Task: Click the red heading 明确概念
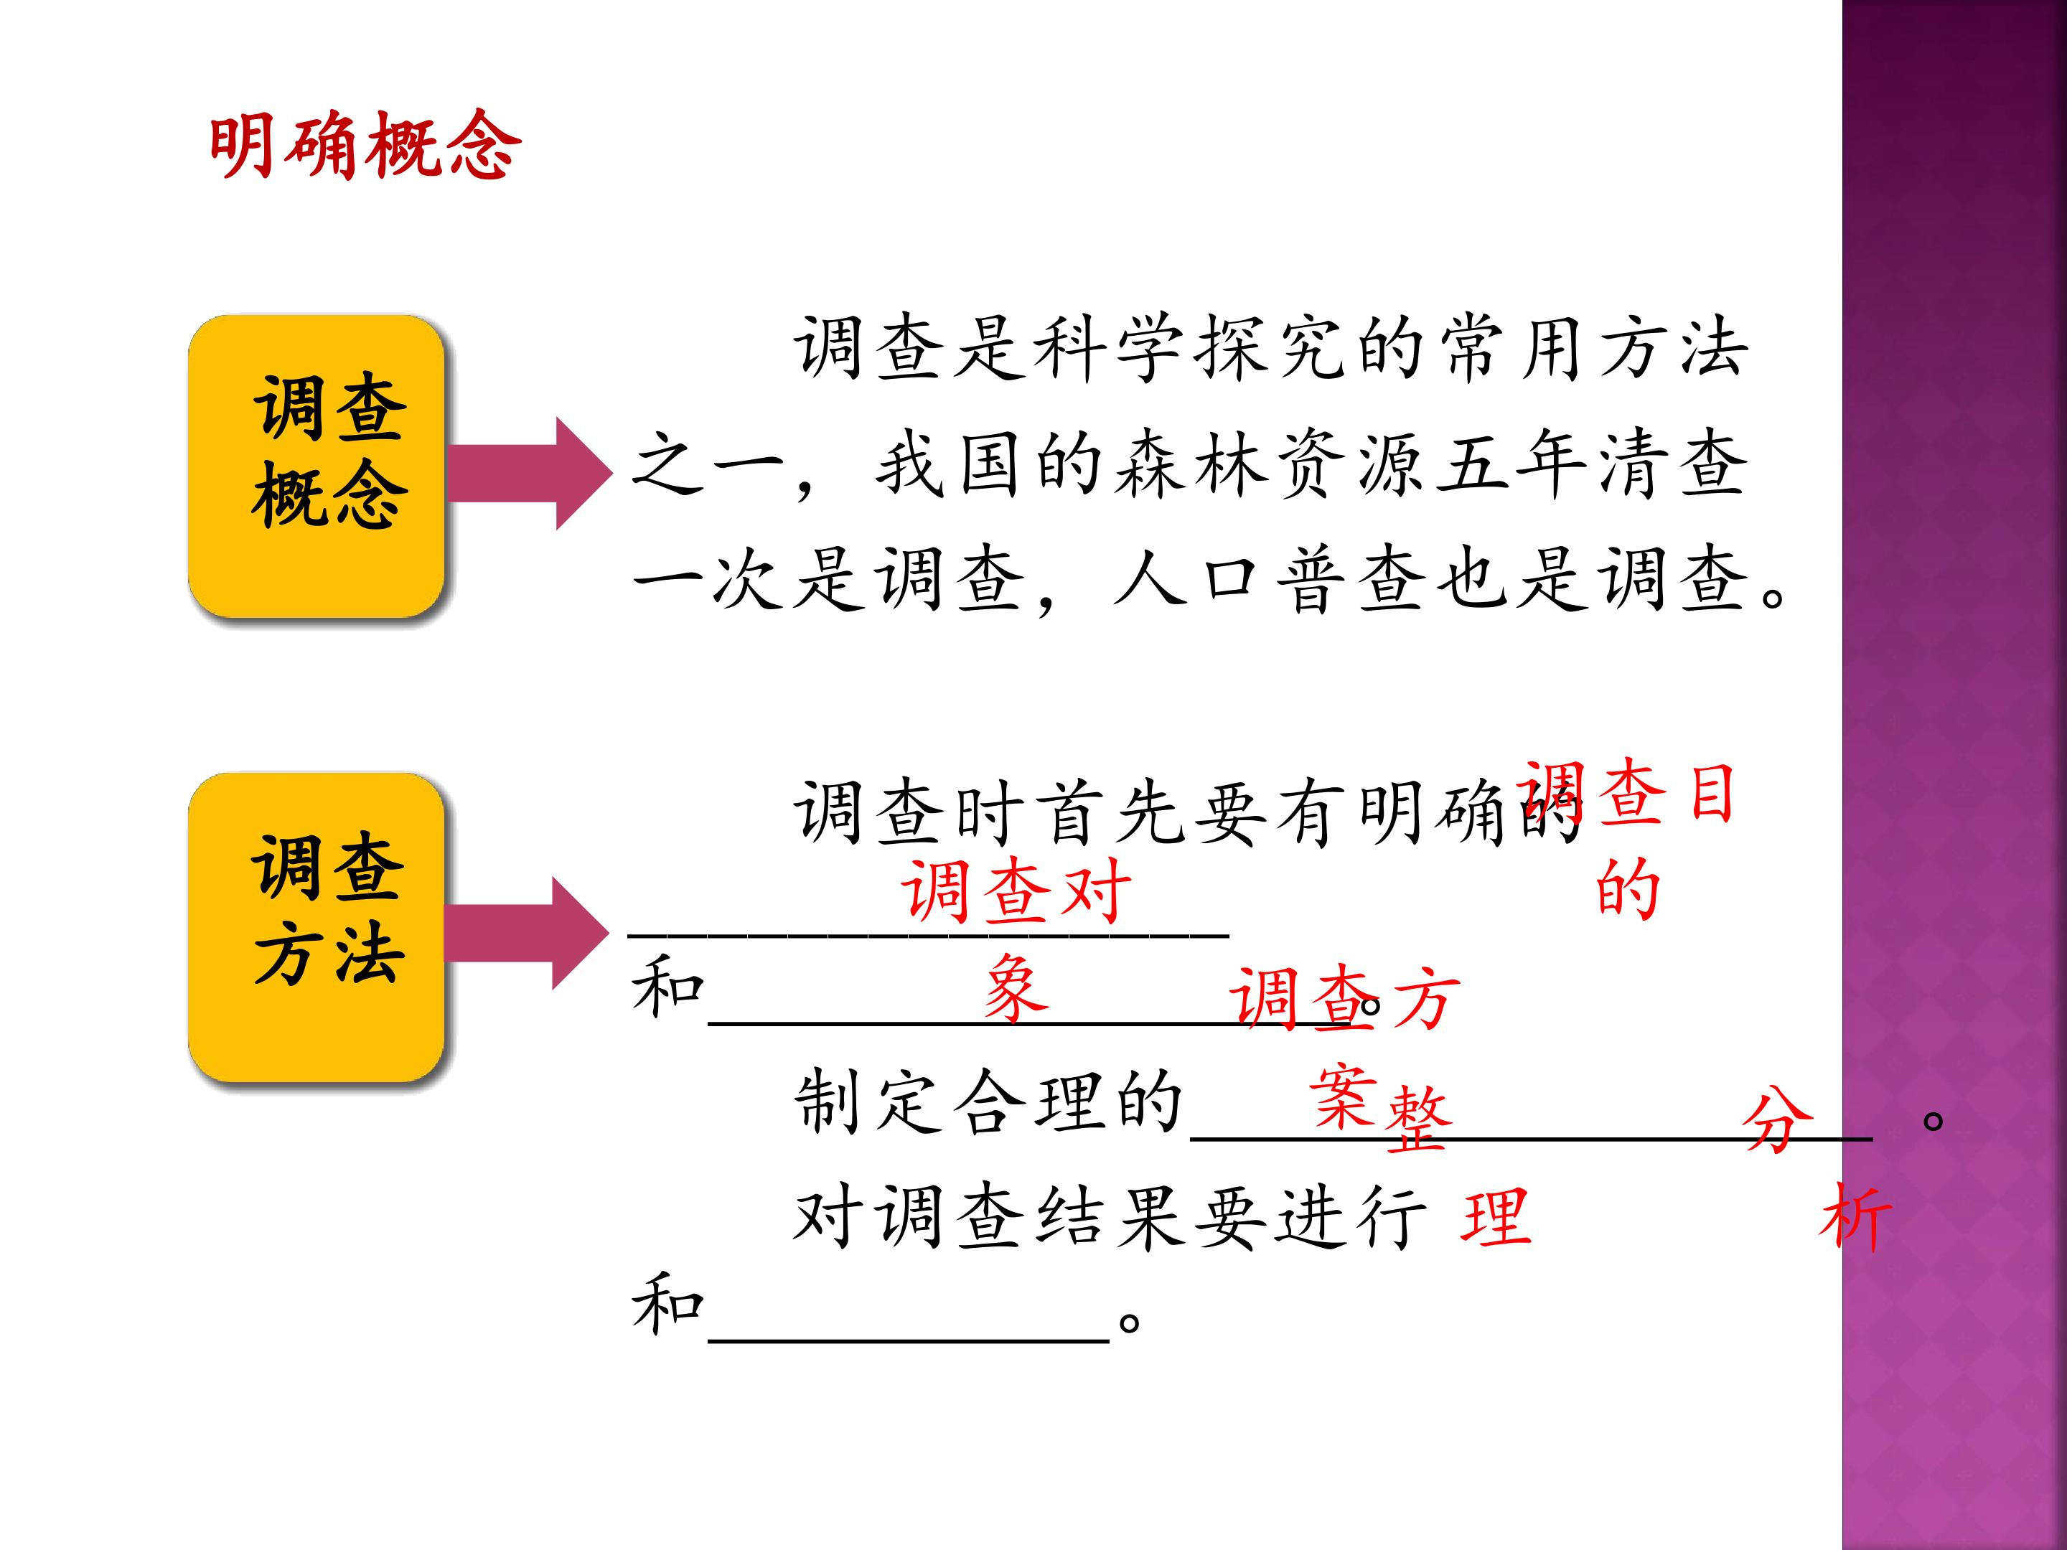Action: pos(365,145)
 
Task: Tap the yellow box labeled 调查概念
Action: pos(316,466)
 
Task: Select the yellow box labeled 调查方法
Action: pos(316,927)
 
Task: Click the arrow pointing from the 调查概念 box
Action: pos(529,474)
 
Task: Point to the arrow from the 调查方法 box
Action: pos(527,934)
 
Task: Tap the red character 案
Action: pos(1344,1096)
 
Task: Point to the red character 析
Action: pos(1855,1216)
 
